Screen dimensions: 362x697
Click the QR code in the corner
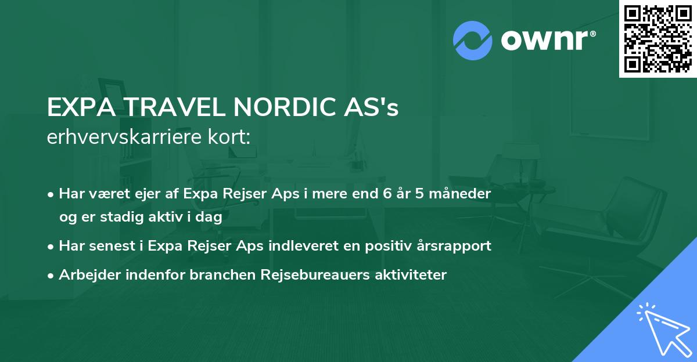[658, 38]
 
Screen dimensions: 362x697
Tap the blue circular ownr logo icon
[473, 40]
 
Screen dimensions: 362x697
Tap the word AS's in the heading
[375, 108]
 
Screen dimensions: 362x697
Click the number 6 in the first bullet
[386, 193]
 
